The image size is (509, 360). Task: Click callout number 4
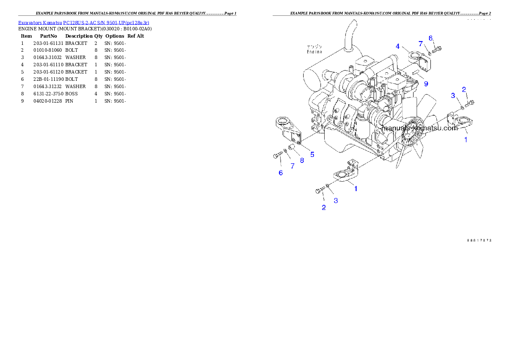pyautogui.click(x=397, y=46)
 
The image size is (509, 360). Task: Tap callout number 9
pyautogui.click(x=426, y=84)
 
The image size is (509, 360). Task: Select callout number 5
pyautogui.click(x=312, y=154)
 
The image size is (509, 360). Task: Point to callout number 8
pyautogui.click(x=302, y=160)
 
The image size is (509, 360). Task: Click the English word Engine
pyautogui.click(x=314, y=52)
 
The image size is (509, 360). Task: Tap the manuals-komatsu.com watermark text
pyautogui.click(x=420, y=128)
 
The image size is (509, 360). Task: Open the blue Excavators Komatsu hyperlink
pyautogui.click(x=83, y=22)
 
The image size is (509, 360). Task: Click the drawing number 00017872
pyautogui.click(x=479, y=240)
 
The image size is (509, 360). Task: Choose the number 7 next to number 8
pyautogui.click(x=293, y=166)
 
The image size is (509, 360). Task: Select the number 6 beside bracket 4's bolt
pyautogui.click(x=431, y=38)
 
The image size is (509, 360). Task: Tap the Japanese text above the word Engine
pyautogui.click(x=314, y=46)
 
